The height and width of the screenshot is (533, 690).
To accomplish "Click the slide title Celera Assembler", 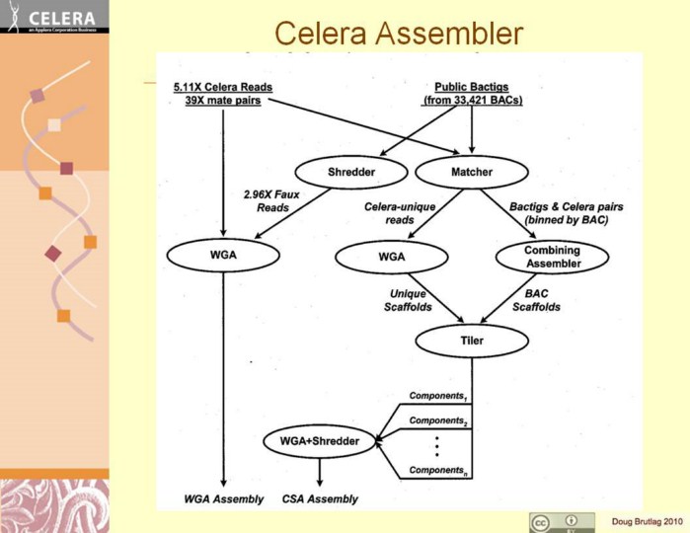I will coord(398,33).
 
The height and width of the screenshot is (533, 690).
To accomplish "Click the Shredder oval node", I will coord(352,173).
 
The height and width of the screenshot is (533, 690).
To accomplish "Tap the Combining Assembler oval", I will coord(551,257).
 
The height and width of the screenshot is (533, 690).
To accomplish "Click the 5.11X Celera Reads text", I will coord(222,86).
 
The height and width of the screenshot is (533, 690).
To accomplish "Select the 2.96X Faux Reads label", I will coord(266,200).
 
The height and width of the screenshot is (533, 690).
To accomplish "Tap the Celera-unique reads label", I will coord(386,212).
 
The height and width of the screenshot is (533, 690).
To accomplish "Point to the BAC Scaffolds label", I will coord(536,300).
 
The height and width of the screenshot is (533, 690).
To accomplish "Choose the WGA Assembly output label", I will coord(224,499).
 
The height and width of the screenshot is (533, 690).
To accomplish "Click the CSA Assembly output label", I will coord(320,499).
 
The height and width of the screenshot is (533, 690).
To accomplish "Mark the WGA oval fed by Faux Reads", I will coord(223,257).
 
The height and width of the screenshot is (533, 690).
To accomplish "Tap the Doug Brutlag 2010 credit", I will coord(646,521).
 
